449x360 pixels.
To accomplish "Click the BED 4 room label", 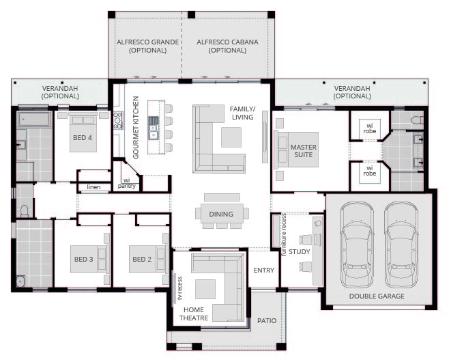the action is [83, 137].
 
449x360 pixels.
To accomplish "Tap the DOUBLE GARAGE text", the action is [377, 296].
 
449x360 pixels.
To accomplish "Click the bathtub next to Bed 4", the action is [34, 120].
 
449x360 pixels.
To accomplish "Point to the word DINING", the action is [221, 214].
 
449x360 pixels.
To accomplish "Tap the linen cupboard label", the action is [93, 187].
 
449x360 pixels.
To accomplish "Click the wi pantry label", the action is [126, 184].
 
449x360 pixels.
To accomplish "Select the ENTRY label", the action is [263, 270].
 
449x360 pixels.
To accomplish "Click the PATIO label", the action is [267, 321].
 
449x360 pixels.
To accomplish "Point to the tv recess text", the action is [180, 288].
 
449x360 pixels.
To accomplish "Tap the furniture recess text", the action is [284, 234].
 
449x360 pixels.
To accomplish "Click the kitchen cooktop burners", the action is [117, 121].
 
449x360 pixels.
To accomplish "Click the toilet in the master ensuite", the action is [417, 120].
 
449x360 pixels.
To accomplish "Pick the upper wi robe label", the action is [370, 128].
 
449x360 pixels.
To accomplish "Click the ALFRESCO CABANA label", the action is [227, 46].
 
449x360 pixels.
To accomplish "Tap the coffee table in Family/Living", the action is [231, 137].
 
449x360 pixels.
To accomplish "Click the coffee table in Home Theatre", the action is [205, 289].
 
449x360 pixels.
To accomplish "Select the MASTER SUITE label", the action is [304, 151].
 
